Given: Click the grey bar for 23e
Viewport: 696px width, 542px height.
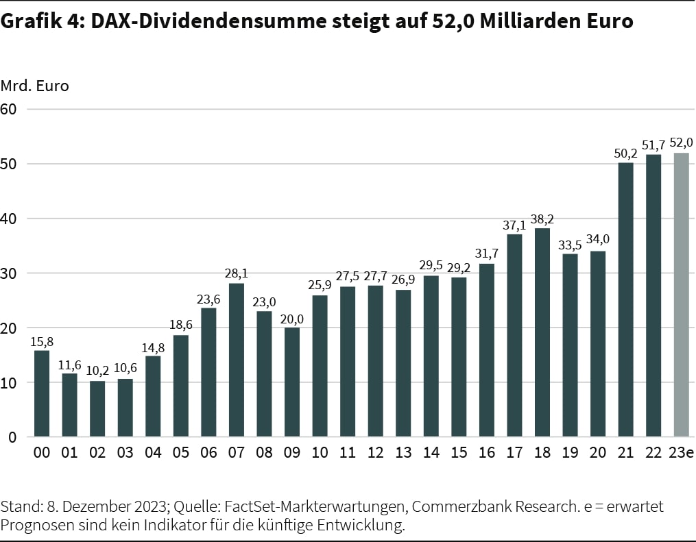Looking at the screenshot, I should [682, 295].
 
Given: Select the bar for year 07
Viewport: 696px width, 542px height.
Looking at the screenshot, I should [237, 360].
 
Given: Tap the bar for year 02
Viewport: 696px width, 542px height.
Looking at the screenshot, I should [97, 408].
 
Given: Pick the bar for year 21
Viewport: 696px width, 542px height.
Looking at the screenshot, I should [626, 299].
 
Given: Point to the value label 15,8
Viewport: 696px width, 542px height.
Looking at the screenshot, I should [42, 341].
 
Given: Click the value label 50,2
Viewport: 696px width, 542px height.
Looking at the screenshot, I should [626, 153].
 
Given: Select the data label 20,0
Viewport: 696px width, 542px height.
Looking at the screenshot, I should [292, 318].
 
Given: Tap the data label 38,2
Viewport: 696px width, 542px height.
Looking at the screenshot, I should [542, 219].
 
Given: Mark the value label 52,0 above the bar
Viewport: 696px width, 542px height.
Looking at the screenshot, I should [682, 143].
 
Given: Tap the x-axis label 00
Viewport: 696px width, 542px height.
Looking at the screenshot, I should [42, 454].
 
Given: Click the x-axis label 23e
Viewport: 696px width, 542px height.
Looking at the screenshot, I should [682, 454].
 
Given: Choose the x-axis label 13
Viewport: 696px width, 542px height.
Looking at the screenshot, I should [403, 454].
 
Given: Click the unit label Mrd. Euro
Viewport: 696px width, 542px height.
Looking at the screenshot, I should [35, 86].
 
